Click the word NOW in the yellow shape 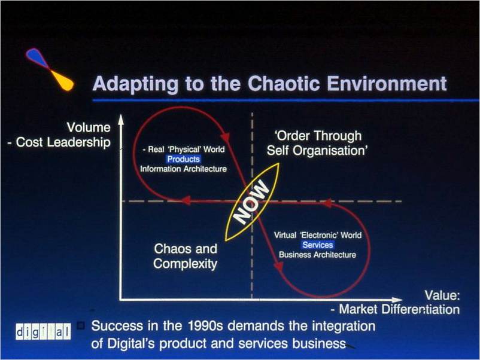[251, 202]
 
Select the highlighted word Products [183, 159]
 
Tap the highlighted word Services [317, 245]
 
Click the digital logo [43, 331]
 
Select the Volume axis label [89, 127]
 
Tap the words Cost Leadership [63, 142]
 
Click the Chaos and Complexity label [186, 257]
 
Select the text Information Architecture [183, 169]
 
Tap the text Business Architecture [317, 255]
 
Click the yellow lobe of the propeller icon [62, 81]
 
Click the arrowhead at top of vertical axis [121, 120]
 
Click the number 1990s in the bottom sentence [205, 326]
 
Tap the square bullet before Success [81, 326]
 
